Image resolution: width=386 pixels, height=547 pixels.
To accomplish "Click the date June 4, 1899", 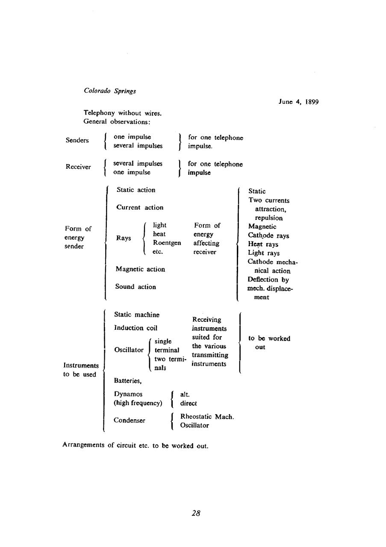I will coord(298,102).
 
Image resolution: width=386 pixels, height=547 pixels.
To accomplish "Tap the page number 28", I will coord(196,513).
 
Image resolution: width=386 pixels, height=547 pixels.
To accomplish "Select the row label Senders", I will coord(77,140).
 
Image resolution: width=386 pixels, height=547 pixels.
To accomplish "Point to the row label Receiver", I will coord(78,167).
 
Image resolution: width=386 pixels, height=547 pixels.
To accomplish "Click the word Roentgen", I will coord(167,243).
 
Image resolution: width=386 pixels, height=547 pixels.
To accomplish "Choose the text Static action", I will coord(136,190).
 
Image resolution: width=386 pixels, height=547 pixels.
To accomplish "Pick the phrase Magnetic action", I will coord(140,269).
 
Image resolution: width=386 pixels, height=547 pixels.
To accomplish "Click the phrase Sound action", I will coord(136,287).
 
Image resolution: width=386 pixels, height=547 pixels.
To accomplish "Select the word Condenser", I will coord(130,421).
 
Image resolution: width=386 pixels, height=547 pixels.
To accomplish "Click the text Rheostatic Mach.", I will coord(207,417).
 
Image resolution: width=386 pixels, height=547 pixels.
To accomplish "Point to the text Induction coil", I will coord(136,328).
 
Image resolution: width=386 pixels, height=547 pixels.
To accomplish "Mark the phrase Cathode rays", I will coord(268,235).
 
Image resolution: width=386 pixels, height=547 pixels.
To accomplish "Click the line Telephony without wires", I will coord(122,113).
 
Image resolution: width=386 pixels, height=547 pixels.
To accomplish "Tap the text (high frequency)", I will coord(138,403).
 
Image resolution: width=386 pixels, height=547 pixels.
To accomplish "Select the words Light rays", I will coord(264,253).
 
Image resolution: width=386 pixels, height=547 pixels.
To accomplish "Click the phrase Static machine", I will coord(137,315).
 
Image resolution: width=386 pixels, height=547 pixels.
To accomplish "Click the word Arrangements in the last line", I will coord(83,445).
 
